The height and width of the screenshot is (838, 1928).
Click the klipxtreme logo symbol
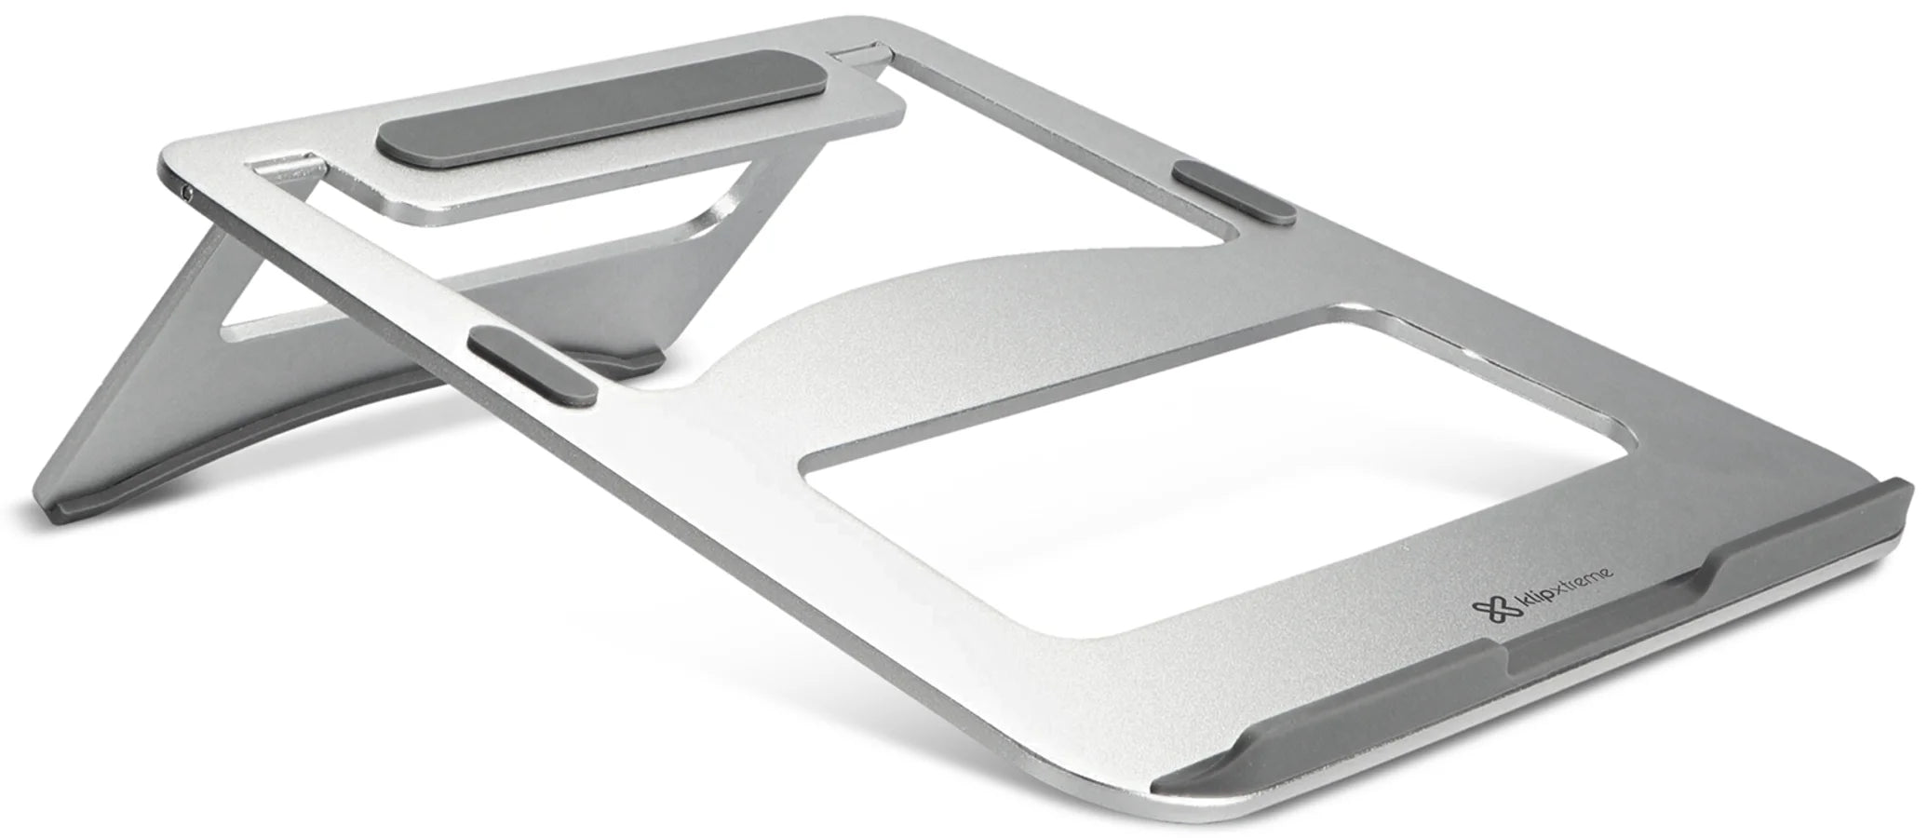point(1488,608)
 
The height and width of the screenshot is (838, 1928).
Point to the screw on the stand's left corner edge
point(189,194)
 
